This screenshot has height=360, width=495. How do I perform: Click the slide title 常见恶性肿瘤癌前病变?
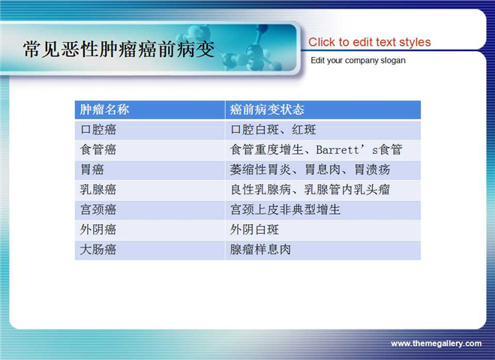click(x=118, y=49)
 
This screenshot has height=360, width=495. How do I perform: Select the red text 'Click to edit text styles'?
click(x=369, y=42)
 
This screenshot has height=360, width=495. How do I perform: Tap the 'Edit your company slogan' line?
click(x=358, y=60)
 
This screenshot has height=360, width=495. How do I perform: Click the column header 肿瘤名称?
click(x=104, y=109)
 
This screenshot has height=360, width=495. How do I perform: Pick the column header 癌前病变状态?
click(x=267, y=109)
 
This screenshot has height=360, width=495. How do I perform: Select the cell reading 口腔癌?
click(x=98, y=130)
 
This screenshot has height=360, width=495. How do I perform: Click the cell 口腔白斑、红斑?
click(x=273, y=130)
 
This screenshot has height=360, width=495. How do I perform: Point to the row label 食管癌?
click(x=98, y=150)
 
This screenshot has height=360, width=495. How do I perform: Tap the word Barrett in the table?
click(x=337, y=150)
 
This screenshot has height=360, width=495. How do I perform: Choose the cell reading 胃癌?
click(x=91, y=169)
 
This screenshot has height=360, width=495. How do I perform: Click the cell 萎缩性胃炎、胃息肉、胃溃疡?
click(x=310, y=169)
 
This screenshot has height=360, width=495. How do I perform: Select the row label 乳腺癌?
click(x=98, y=190)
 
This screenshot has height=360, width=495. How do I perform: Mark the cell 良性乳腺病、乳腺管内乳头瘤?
click(x=310, y=190)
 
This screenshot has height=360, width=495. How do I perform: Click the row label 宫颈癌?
click(x=98, y=210)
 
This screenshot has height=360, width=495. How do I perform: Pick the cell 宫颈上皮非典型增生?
click(x=286, y=210)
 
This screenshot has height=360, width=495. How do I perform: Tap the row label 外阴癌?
click(x=98, y=229)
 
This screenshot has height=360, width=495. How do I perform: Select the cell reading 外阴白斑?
click(x=254, y=229)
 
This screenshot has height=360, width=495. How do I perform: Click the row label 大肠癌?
click(x=98, y=250)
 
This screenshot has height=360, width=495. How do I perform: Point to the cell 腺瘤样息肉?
click(x=260, y=250)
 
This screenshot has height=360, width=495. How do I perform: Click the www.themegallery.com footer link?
click(x=436, y=343)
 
